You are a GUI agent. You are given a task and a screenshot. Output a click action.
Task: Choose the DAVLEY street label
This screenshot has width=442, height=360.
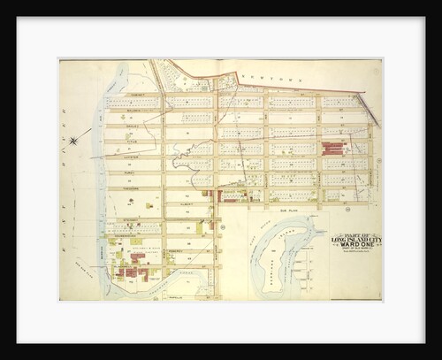(x=133, y=125)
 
